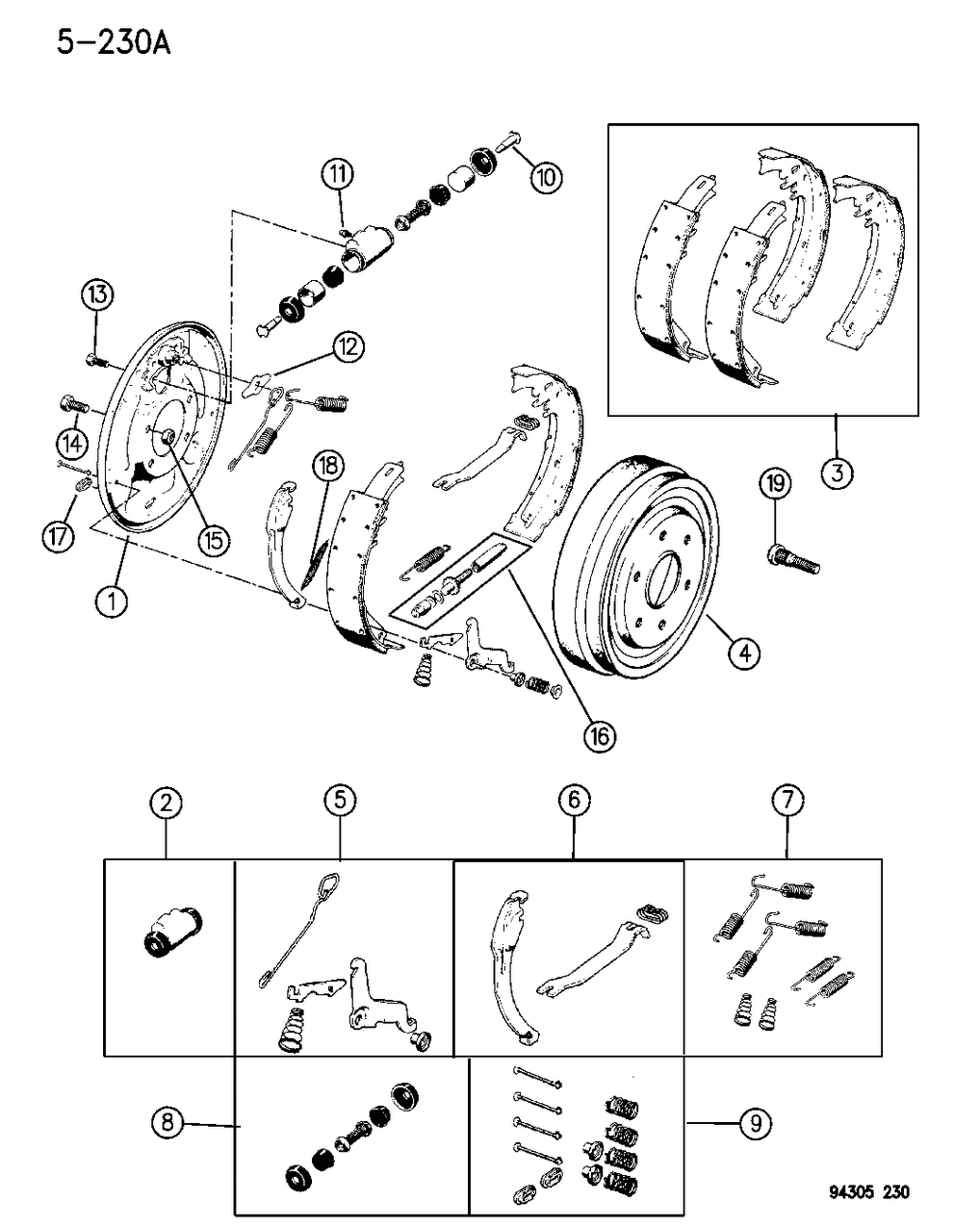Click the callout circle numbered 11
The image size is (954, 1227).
(338, 175)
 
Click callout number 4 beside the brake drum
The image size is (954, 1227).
(743, 654)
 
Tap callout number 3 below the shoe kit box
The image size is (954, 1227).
(837, 473)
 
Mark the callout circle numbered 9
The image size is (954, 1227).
(757, 1122)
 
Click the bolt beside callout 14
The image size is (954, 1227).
(74, 404)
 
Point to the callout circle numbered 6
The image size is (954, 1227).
(574, 800)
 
